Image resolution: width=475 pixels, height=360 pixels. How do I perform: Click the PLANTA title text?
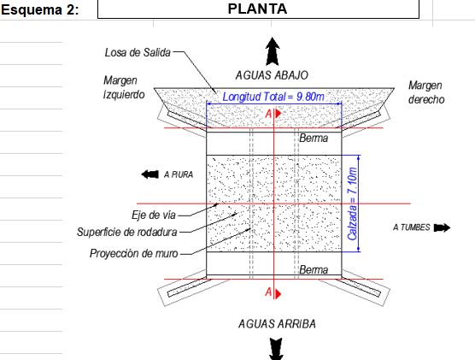257,9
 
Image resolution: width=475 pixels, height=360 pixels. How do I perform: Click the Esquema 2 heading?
39,9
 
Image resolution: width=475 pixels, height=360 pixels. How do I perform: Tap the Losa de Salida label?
138,52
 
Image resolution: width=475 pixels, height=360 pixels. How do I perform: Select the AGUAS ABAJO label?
272,75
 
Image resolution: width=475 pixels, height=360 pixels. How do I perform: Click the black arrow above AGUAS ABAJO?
273,51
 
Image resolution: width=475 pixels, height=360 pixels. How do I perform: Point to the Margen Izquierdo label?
124,87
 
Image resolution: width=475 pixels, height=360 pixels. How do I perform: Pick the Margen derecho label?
426,92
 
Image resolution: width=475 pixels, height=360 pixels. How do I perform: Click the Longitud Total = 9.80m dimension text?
273,97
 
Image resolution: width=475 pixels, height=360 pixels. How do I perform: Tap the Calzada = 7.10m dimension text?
352,204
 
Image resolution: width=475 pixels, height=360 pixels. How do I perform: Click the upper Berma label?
314,139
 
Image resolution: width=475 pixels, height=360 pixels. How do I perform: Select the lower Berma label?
314,269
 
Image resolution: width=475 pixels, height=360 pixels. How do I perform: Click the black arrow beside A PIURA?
150,174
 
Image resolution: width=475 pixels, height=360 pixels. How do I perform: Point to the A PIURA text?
179,174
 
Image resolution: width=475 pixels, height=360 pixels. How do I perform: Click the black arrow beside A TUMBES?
442,227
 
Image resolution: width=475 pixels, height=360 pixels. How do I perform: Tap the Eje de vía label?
154,215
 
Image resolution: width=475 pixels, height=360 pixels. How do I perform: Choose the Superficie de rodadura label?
127,232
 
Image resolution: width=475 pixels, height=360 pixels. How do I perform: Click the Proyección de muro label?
133,253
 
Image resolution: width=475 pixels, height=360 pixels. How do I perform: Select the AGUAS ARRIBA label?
277,324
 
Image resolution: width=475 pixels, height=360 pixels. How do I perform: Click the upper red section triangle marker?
279,114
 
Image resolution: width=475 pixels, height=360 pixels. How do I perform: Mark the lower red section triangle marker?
279,293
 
